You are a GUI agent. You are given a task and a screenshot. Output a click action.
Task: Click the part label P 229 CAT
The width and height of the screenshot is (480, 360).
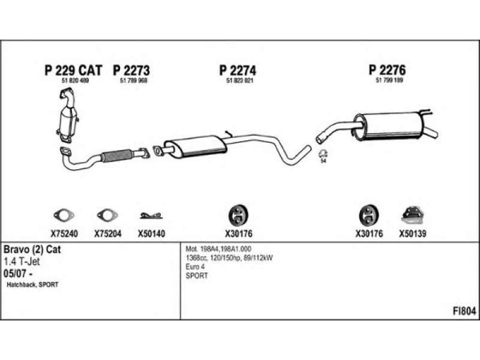tap(73, 70)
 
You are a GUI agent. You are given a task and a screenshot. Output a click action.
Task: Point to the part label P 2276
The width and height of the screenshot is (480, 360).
tap(387, 70)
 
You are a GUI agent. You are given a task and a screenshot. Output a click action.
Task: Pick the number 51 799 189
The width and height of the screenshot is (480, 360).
tap(388, 81)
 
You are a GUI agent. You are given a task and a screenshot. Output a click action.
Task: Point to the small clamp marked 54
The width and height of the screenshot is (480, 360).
tap(323, 154)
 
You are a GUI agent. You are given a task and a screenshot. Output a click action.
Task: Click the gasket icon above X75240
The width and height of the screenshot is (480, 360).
tap(62, 215)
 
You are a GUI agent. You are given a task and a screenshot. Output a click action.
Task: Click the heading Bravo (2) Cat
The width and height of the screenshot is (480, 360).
tap(32, 249)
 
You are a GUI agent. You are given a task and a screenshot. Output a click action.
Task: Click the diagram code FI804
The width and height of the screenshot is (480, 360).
tap(464, 312)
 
